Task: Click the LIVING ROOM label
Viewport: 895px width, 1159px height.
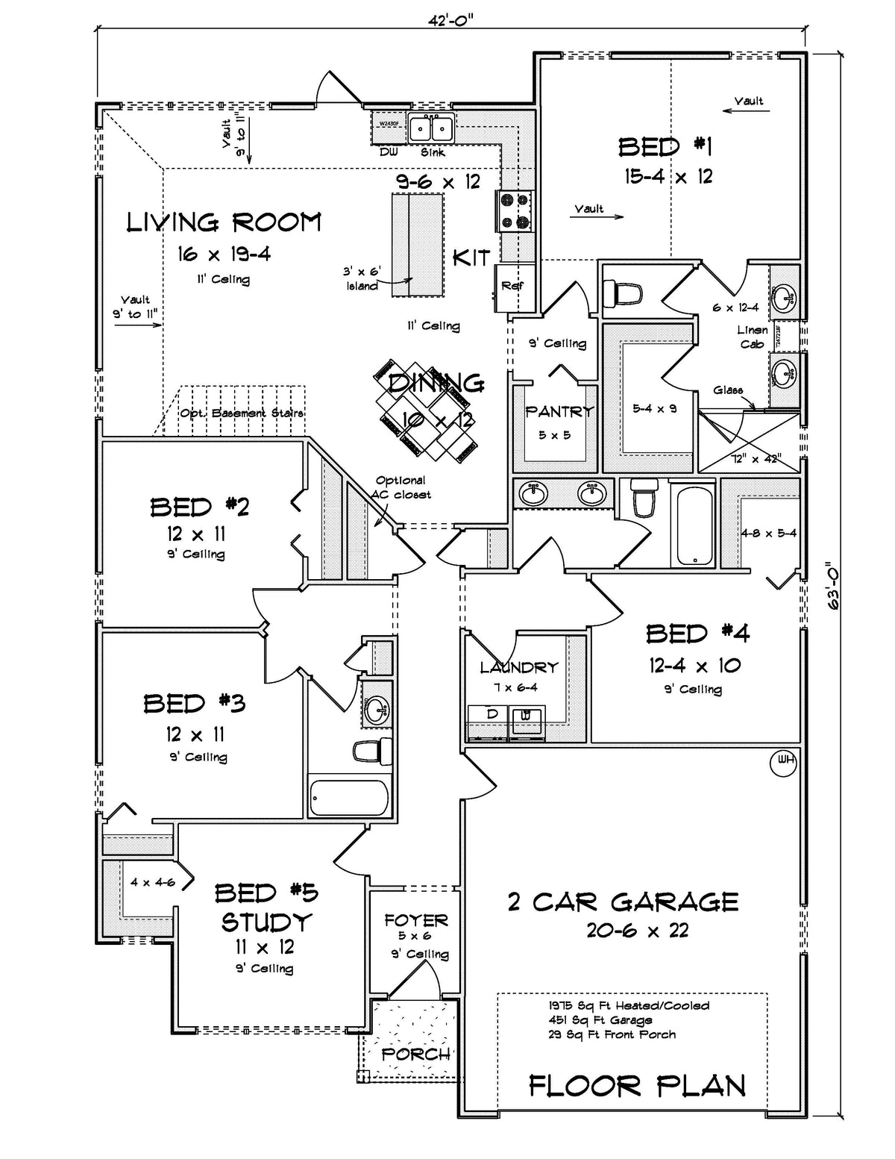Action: pyautogui.click(x=223, y=222)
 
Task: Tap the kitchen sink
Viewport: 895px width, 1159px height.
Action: pyautogui.click(x=432, y=128)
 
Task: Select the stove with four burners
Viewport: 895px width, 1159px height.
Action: pyautogui.click(x=515, y=210)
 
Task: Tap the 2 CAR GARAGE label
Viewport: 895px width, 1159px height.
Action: pyautogui.click(x=623, y=902)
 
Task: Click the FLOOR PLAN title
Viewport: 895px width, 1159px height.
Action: pyautogui.click(x=637, y=1086)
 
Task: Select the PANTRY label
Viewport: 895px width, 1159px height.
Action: pyautogui.click(x=559, y=411)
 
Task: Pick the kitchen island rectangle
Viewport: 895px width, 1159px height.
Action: pyautogui.click(x=418, y=243)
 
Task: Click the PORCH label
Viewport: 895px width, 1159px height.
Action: pyautogui.click(x=415, y=1054)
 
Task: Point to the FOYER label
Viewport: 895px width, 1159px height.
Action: pyautogui.click(x=415, y=920)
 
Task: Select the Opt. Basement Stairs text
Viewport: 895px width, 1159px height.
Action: pyautogui.click(x=242, y=413)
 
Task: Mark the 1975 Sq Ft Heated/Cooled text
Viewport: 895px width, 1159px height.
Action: pyautogui.click(x=629, y=1005)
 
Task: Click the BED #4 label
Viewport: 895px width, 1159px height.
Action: pyautogui.click(x=697, y=634)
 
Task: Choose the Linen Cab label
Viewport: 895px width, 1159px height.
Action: pyautogui.click(x=753, y=337)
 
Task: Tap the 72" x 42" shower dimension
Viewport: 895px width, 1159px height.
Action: pyautogui.click(x=755, y=459)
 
